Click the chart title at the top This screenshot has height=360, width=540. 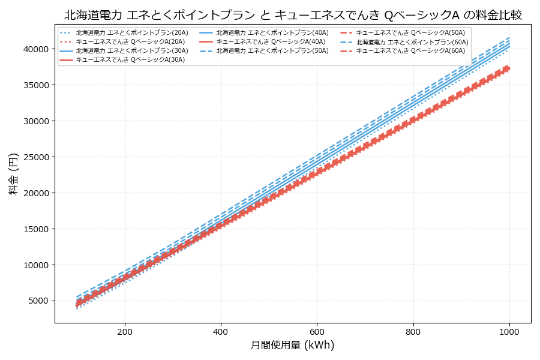point(293,15)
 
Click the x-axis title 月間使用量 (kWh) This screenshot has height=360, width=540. point(292,345)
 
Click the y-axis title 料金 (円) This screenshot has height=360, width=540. point(13,173)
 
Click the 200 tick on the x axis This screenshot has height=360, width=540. point(125,331)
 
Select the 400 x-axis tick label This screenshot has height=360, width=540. point(221,331)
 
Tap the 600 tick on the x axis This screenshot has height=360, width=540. point(317,331)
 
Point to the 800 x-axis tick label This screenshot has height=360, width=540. point(413,331)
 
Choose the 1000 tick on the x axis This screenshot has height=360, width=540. point(509,331)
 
